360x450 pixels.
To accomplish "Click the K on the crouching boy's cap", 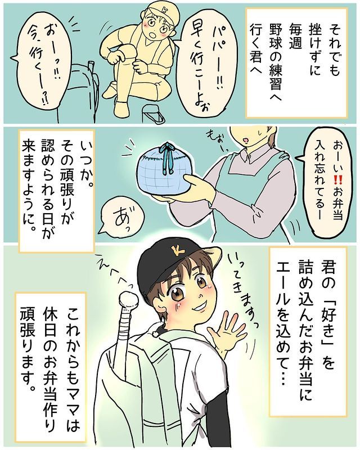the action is click(164, 10).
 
